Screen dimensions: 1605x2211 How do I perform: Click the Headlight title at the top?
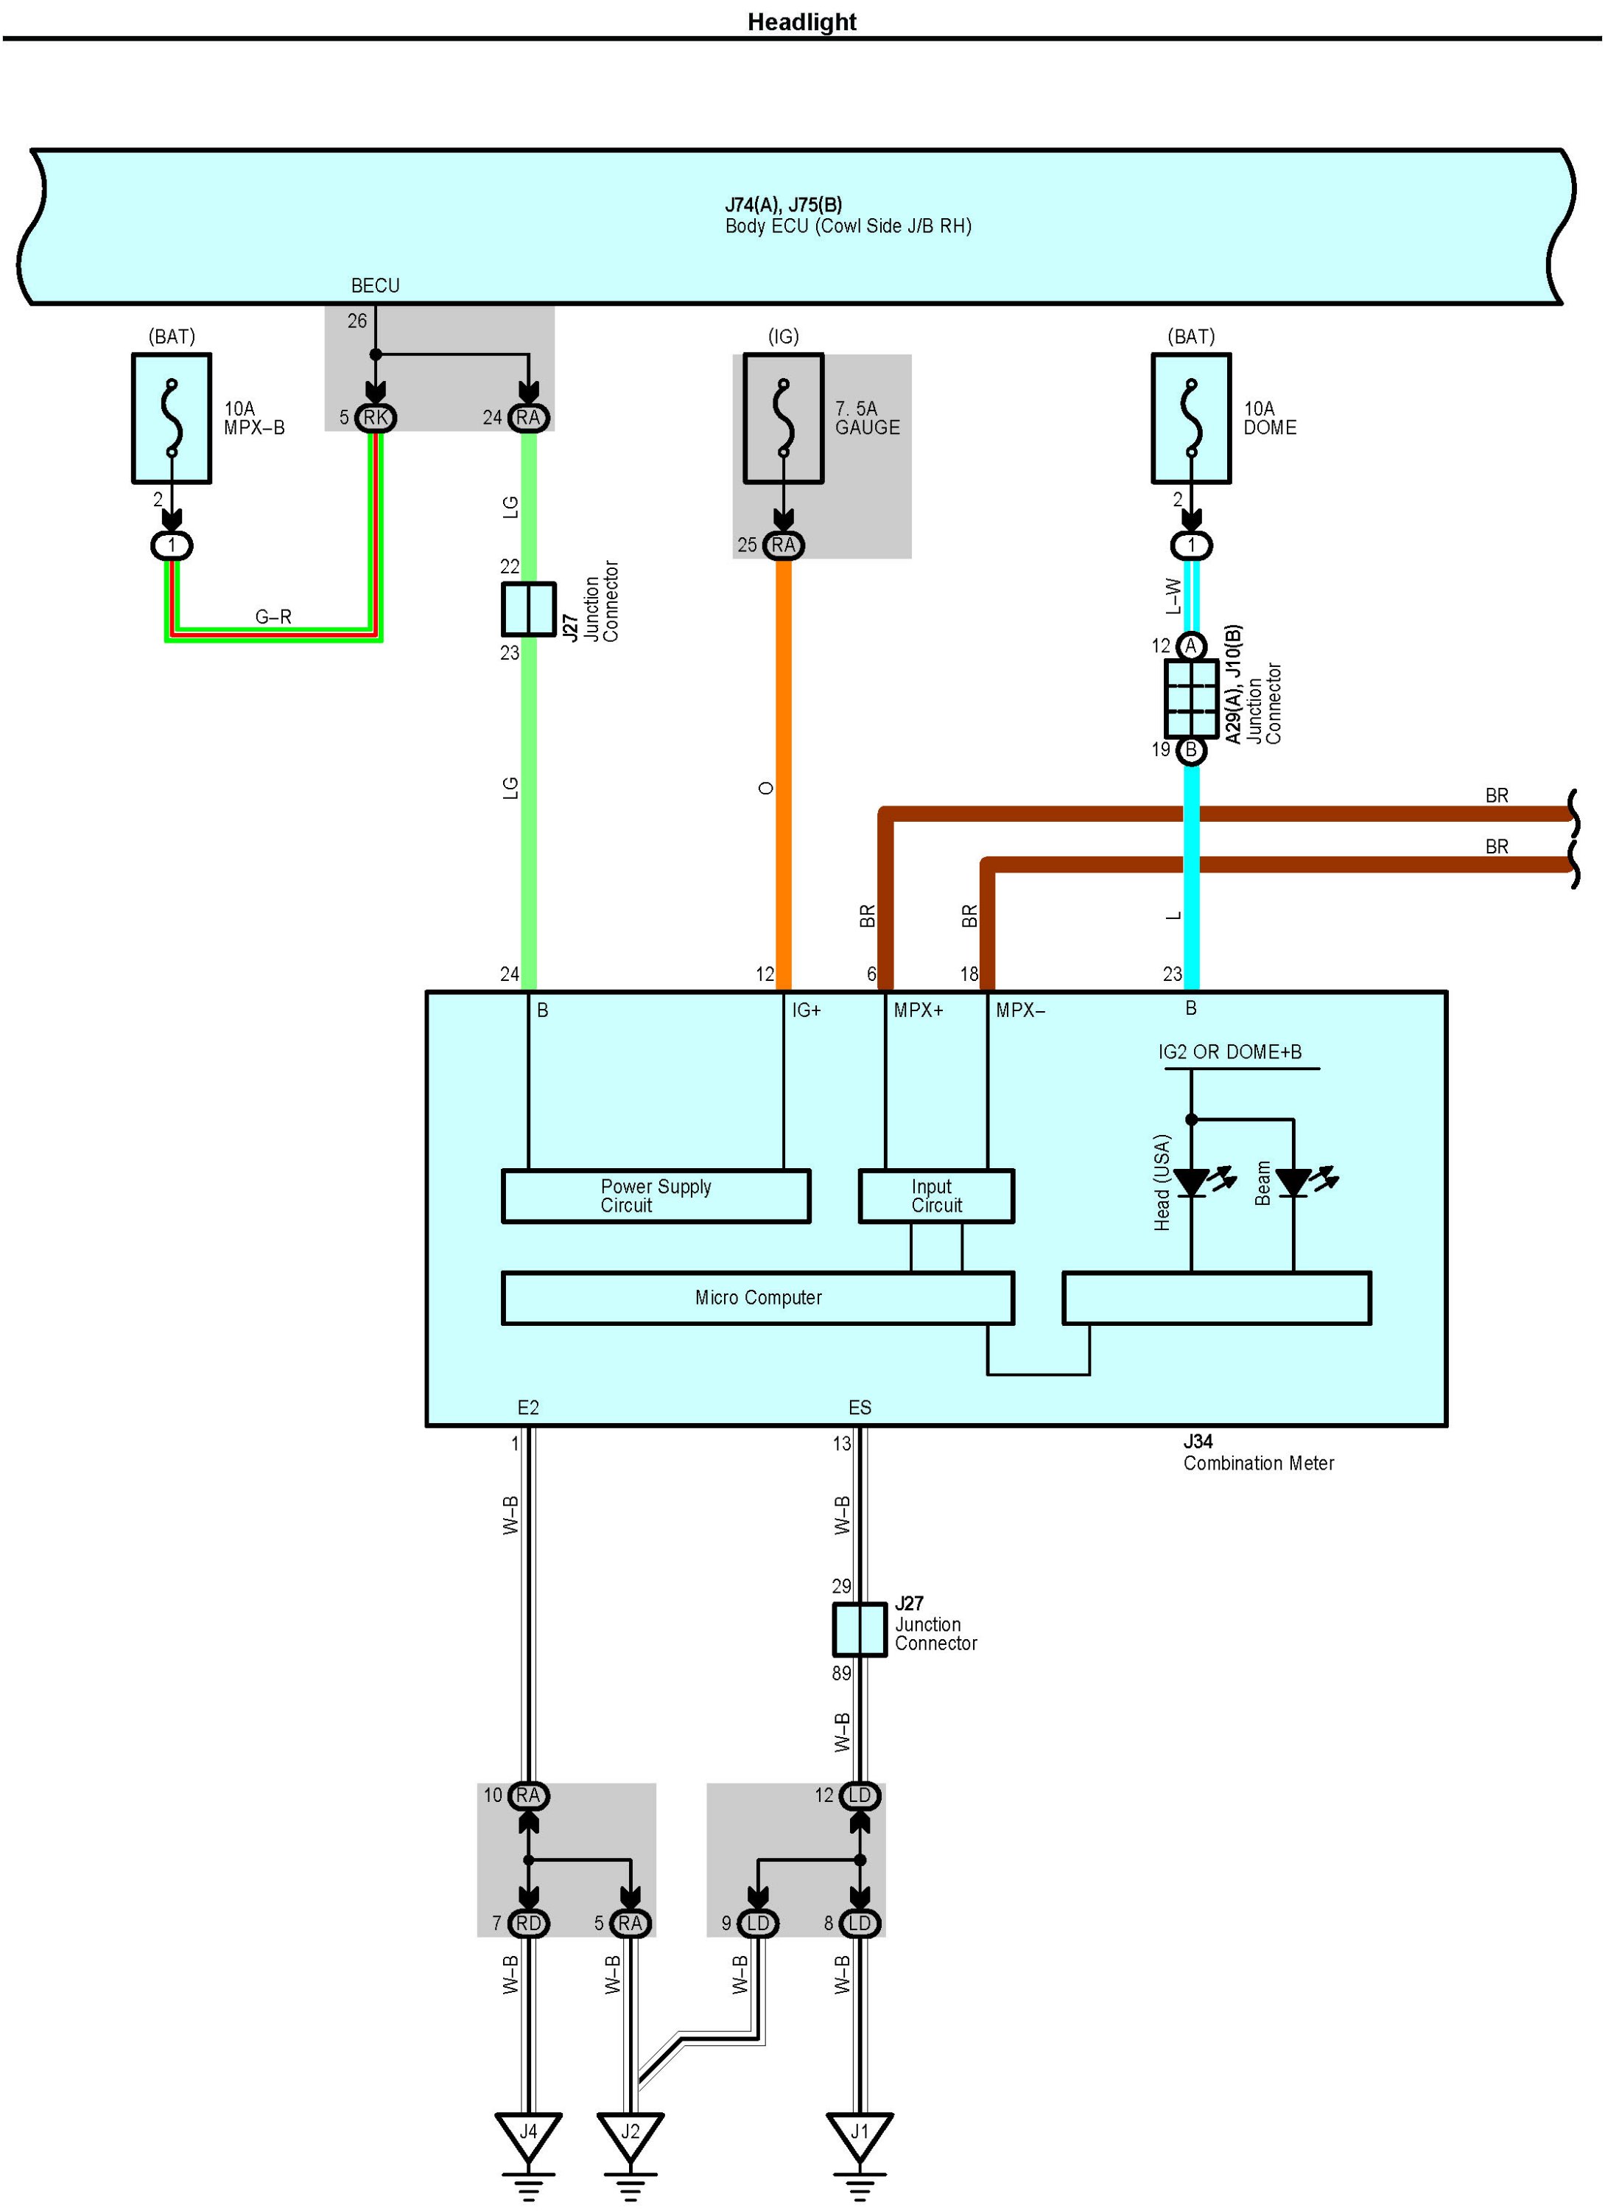click(801, 21)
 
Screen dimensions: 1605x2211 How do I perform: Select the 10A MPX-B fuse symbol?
click(172, 418)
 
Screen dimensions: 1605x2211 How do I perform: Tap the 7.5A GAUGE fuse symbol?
click(784, 418)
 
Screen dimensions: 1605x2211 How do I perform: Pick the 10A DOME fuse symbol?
click(1191, 418)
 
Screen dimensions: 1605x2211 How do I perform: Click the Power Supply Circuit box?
click(656, 1196)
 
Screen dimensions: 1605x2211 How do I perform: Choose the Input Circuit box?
click(936, 1196)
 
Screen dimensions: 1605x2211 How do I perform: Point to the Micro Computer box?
click(758, 1298)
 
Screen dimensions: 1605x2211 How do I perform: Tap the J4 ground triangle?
click(528, 2134)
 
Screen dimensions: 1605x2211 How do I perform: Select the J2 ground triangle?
click(631, 2134)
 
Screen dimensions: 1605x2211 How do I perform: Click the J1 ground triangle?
click(860, 2134)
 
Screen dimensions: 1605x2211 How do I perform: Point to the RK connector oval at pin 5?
click(375, 418)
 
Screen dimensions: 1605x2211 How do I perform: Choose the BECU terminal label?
click(375, 286)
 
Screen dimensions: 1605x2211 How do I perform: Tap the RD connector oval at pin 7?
click(528, 1924)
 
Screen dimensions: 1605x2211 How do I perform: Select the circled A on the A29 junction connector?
click(1191, 646)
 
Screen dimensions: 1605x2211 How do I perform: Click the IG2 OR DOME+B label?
click(1230, 1052)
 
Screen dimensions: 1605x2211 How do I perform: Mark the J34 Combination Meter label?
click(1258, 1452)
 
